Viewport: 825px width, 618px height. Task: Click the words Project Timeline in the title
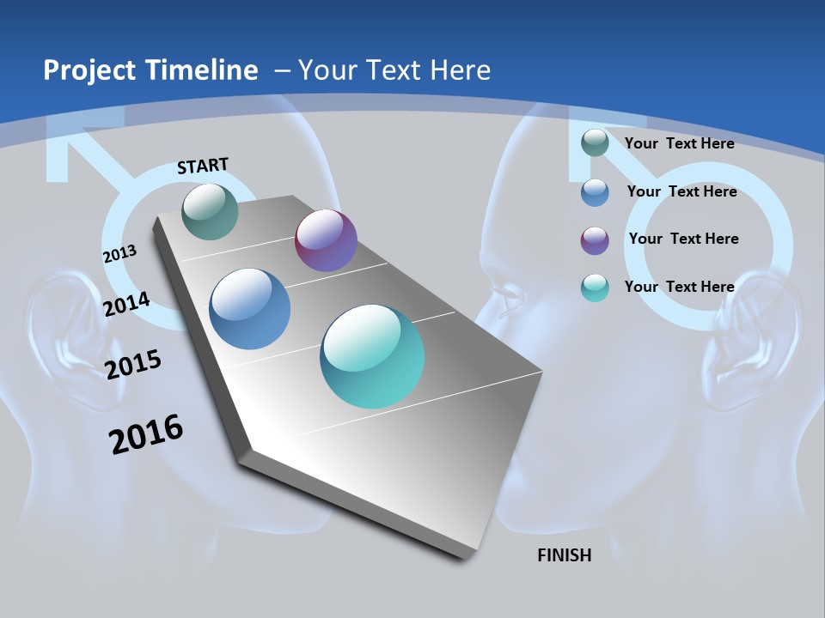click(150, 70)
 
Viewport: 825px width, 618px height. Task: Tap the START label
click(203, 166)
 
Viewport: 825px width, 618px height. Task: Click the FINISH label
click(565, 555)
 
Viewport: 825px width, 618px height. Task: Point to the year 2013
click(119, 254)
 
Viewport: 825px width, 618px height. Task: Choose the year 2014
click(126, 304)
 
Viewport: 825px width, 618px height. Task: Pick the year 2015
click(133, 364)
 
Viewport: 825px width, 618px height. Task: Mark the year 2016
click(146, 434)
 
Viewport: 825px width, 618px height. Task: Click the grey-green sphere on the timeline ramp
click(211, 211)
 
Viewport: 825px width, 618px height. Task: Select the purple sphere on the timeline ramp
click(326, 240)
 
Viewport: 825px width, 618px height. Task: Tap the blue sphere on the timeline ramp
click(250, 309)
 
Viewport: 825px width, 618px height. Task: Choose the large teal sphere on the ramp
click(372, 356)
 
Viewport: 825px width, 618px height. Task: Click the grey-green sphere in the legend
click(595, 143)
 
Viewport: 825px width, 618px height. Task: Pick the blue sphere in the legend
click(595, 192)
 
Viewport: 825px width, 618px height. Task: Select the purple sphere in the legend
click(595, 240)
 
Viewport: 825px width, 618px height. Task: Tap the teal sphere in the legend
click(595, 288)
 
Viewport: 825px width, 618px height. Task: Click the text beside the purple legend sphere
click(683, 239)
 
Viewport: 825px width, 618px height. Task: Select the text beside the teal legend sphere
click(679, 287)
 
